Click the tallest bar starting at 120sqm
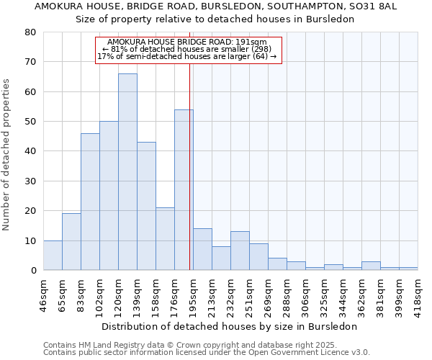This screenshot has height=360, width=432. [127, 172]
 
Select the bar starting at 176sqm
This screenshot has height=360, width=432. [184, 190]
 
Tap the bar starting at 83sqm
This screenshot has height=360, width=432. [90, 202]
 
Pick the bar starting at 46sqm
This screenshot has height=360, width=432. [53, 255]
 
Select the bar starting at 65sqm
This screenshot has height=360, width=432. [71, 242]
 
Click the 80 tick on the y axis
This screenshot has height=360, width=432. [30, 32]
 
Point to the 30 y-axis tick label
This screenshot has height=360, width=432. [30, 181]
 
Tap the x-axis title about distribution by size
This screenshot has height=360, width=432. [230, 326]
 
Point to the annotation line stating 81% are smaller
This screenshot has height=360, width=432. [188, 49]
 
